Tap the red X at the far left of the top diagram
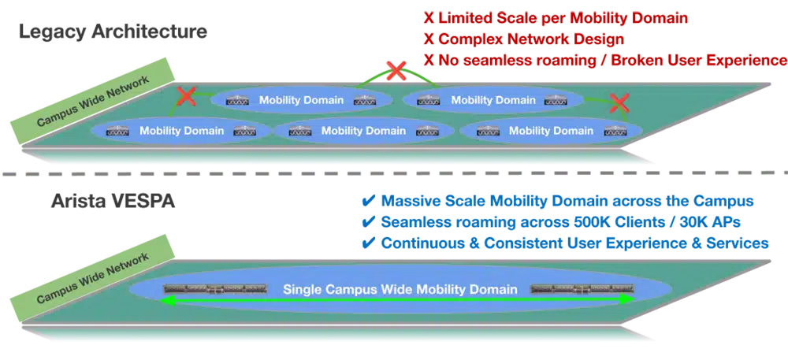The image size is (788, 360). coord(186,96)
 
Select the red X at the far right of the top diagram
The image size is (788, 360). coord(620,102)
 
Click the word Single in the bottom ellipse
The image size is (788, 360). coord(303,289)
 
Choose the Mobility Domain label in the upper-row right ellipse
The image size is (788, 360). coord(493,100)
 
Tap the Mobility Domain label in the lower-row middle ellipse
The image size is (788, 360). coord(363,130)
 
